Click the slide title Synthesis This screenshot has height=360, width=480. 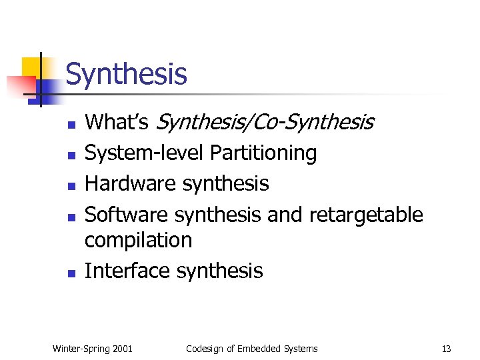(x=126, y=74)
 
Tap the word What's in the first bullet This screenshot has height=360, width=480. (x=117, y=122)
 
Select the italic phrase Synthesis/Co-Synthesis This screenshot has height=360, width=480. (x=264, y=123)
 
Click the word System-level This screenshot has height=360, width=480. (x=144, y=153)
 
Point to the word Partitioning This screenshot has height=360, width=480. (x=263, y=153)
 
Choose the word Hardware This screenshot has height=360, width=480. (x=127, y=183)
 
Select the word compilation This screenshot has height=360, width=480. (x=138, y=240)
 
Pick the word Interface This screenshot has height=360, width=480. (x=127, y=271)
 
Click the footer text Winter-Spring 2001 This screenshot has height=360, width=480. (x=92, y=349)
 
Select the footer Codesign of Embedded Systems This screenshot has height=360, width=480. (x=251, y=349)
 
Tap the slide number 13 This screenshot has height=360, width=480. (x=446, y=349)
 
